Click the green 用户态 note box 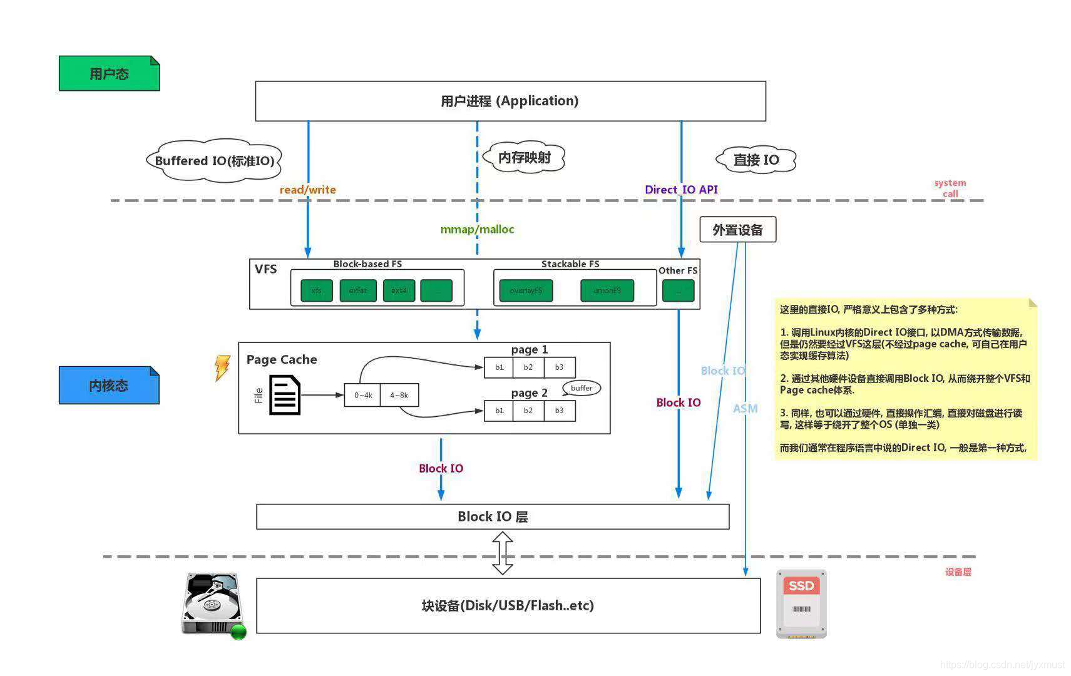coord(109,73)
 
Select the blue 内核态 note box coord(109,385)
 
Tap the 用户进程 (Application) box coord(510,101)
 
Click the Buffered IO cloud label coord(214,161)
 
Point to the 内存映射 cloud coord(524,157)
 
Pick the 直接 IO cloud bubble coord(756,160)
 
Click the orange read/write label coord(307,190)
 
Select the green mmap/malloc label coord(477,229)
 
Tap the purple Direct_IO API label coord(681,190)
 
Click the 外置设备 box coord(737,230)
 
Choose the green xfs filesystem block coord(316,290)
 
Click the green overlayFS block coord(526,290)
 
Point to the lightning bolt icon coord(222,367)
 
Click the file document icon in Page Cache coord(285,395)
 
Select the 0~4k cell coord(362,395)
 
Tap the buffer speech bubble coord(582,388)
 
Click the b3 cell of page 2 coord(559,411)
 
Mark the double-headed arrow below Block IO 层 coord(503,553)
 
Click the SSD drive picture coord(801,604)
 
